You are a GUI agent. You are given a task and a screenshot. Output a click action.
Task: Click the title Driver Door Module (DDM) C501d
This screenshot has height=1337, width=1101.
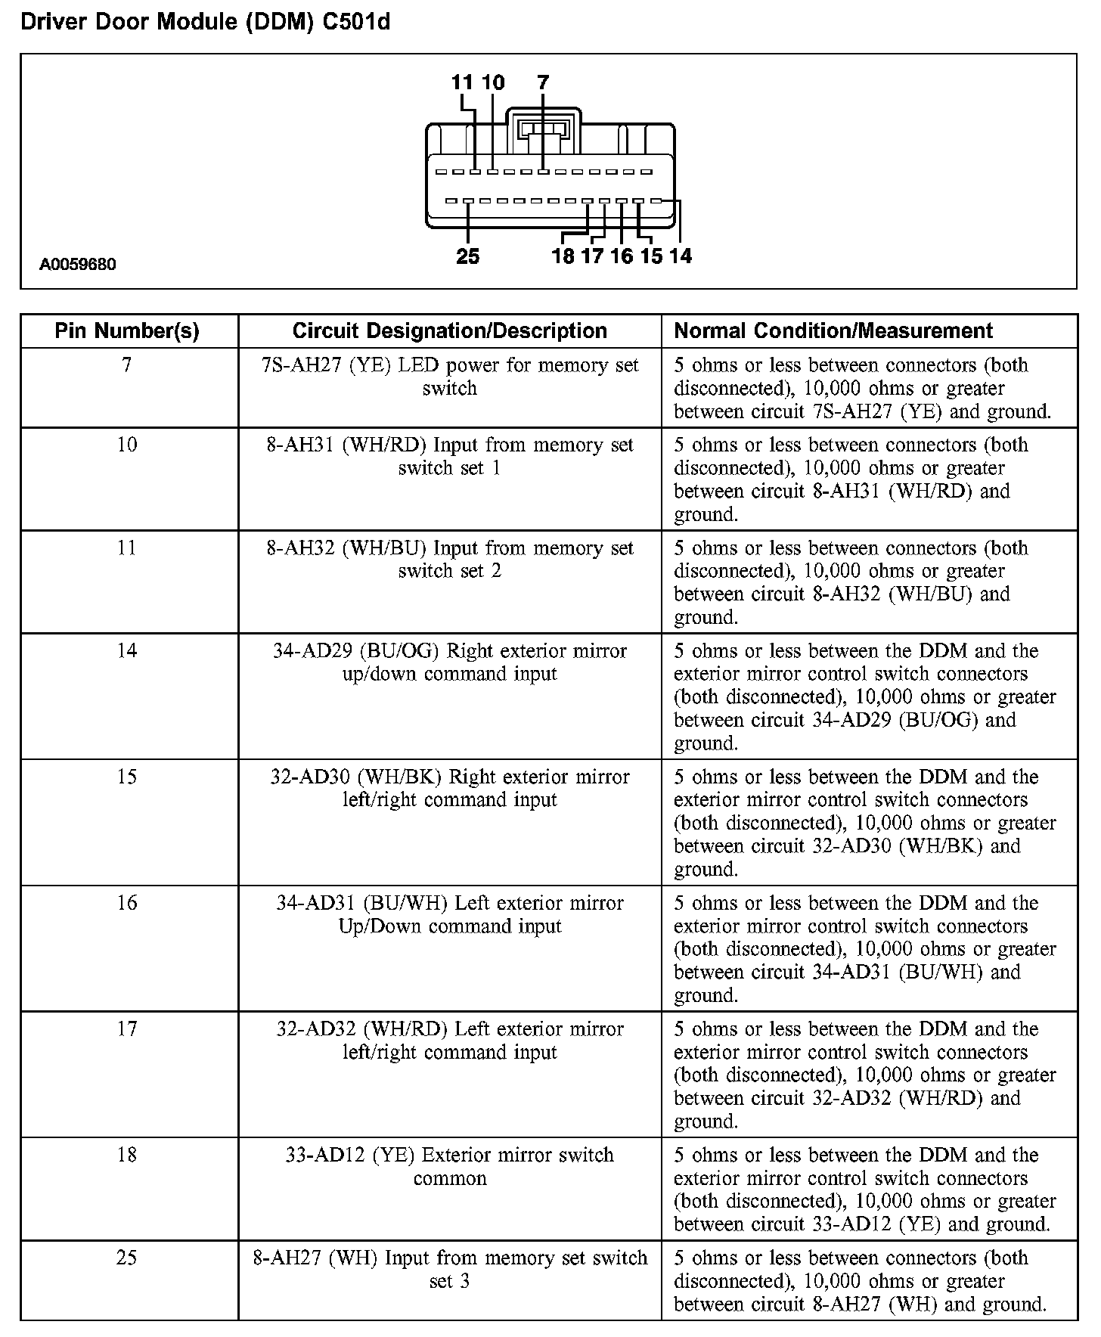(205, 22)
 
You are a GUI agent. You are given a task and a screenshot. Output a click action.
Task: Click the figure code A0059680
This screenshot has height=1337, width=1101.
(78, 265)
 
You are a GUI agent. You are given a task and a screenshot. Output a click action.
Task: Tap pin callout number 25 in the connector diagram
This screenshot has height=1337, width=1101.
(468, 257)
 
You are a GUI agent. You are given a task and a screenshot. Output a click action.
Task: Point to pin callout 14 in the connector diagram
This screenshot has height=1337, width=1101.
(681, 256)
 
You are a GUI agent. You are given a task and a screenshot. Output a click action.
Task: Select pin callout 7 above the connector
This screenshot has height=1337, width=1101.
(543, 82)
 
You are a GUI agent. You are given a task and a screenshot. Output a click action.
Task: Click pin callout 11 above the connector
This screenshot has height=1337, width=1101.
(462, 82)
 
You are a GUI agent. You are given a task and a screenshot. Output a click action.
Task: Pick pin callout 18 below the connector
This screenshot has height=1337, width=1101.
(563, 256)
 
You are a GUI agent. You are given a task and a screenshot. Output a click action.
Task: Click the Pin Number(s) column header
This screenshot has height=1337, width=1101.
(127, 330)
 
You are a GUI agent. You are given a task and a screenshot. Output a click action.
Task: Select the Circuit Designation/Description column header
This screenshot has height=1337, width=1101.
(449, 330)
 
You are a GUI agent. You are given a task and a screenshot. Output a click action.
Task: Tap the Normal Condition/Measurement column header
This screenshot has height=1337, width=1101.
(833, 330)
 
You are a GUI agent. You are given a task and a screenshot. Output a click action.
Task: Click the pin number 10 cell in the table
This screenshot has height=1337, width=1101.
(127, 445)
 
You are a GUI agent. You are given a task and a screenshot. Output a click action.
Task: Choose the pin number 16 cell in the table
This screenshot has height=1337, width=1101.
(127, 903)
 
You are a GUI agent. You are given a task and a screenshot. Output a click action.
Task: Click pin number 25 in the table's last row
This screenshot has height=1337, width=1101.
(127, 1258)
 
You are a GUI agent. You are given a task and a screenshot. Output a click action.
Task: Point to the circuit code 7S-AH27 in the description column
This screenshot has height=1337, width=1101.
(295, 365)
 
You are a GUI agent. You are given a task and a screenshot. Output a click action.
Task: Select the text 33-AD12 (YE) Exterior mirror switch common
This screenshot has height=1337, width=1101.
(449, 1166)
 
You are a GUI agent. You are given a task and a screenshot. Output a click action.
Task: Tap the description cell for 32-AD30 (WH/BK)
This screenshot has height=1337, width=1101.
(449, 788)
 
